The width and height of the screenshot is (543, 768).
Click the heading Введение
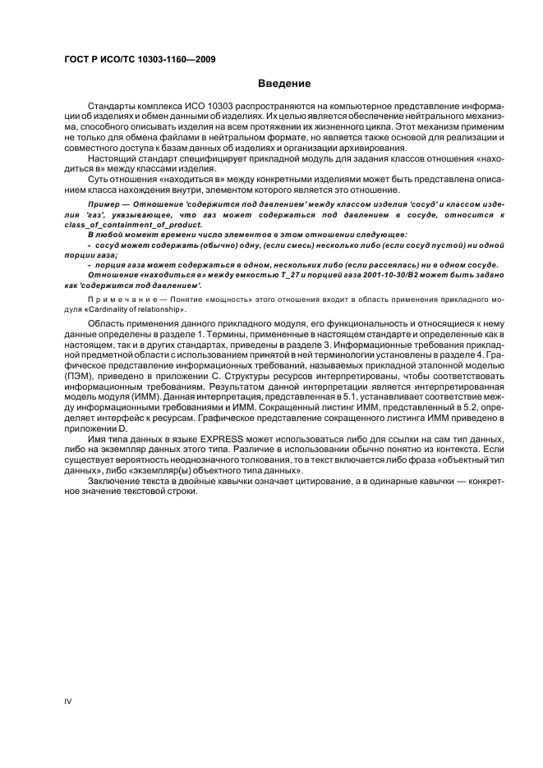(x=284, y=84)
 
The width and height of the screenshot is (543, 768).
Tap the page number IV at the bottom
(x=69, y=699)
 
